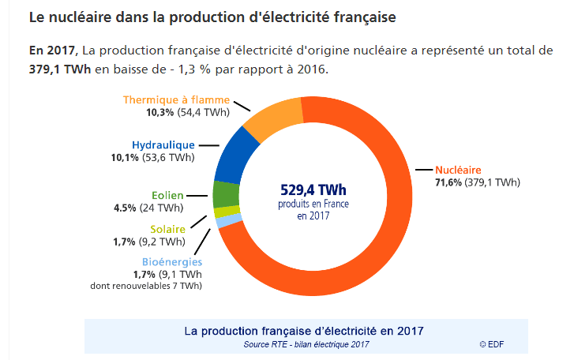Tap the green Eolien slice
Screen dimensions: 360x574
coord(226,193)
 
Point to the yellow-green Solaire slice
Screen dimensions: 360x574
coord(221,212)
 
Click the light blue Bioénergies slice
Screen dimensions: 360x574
coord(223,222)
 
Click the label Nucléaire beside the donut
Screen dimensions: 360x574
coord(458,170)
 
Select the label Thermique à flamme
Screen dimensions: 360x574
coord(176,100)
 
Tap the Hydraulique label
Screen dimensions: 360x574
coord(163,145)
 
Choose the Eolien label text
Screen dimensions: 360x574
coord(167,196)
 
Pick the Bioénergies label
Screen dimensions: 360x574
coord(172,262)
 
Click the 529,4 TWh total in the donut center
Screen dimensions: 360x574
coord(313,190)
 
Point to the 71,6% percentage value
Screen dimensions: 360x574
coord(448,182)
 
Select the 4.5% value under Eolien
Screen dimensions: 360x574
coord(126,208)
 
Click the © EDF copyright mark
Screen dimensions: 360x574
coord(491,344)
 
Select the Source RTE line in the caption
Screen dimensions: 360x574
coord(306,344)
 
